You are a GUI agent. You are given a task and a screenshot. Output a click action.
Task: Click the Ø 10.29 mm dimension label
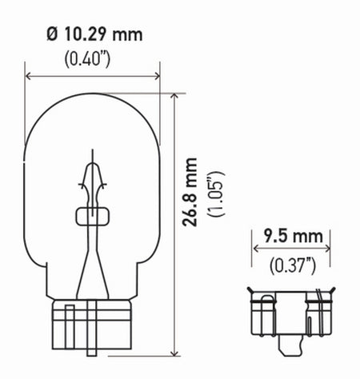point(94,35)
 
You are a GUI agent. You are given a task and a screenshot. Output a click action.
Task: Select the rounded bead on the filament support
point(93,215)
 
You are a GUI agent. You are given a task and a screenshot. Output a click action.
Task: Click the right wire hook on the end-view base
point(324,297)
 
